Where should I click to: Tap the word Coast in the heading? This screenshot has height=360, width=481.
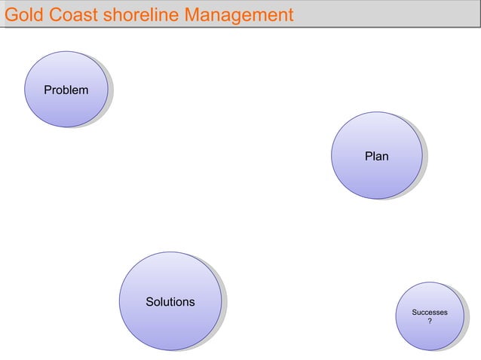(69, 14)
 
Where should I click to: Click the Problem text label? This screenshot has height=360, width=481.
(66, 90)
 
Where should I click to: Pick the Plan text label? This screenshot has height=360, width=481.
(376, 157)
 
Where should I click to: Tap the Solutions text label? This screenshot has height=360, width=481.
(170, 302)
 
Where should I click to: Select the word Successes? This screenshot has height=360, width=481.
(429, 313)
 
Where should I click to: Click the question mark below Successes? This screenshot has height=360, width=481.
(430, 322)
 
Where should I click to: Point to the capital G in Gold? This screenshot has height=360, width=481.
(11, 14)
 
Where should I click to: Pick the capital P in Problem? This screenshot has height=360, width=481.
(47, 90)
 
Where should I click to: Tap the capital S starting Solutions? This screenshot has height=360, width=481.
(149, 302)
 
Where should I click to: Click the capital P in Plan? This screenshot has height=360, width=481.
(368, 157)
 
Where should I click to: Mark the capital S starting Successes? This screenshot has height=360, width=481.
(414, 313)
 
